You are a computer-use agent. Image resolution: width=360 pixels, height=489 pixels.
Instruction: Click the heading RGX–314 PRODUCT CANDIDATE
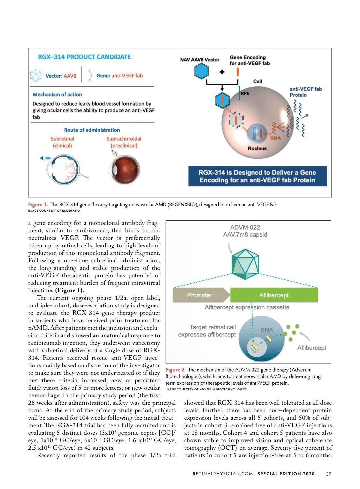coord(84,57)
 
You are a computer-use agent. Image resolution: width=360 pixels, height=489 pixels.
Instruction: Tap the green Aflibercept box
coord(274,295)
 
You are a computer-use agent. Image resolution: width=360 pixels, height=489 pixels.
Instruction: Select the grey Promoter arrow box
coord(200,295)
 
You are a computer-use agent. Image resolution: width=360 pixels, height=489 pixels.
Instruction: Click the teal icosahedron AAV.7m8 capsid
coord(245,264)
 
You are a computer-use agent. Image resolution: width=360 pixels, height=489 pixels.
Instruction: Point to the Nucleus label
coord(257,148)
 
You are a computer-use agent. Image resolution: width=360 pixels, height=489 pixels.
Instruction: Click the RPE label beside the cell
coord(245,93)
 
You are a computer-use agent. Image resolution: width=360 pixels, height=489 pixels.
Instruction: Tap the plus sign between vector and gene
coord(222,72)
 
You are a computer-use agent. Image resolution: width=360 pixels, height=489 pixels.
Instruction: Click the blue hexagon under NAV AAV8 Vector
coord(201,71)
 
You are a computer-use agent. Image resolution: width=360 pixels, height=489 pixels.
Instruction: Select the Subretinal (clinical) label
coord(62,142)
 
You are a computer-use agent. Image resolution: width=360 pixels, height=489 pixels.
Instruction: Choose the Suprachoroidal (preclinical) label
coord(124,142)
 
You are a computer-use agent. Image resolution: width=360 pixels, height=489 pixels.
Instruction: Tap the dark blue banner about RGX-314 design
coord(257,176)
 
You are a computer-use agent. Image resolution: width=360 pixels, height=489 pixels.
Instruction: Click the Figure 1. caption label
coord(38,204)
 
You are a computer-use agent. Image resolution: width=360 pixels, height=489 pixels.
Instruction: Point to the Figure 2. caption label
coord(175,370)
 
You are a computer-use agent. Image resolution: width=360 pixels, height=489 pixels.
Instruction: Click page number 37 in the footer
coord(328,474)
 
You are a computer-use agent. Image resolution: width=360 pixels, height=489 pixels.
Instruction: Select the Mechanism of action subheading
coord(57,94)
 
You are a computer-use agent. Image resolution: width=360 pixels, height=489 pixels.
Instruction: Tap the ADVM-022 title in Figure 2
coord(245,227)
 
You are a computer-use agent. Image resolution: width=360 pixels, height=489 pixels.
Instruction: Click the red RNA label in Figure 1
coord(275,138)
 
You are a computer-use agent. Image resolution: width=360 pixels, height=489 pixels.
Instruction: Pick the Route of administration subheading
coord(92,130)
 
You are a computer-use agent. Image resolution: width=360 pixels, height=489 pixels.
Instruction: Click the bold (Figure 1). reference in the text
coord(70,290)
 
